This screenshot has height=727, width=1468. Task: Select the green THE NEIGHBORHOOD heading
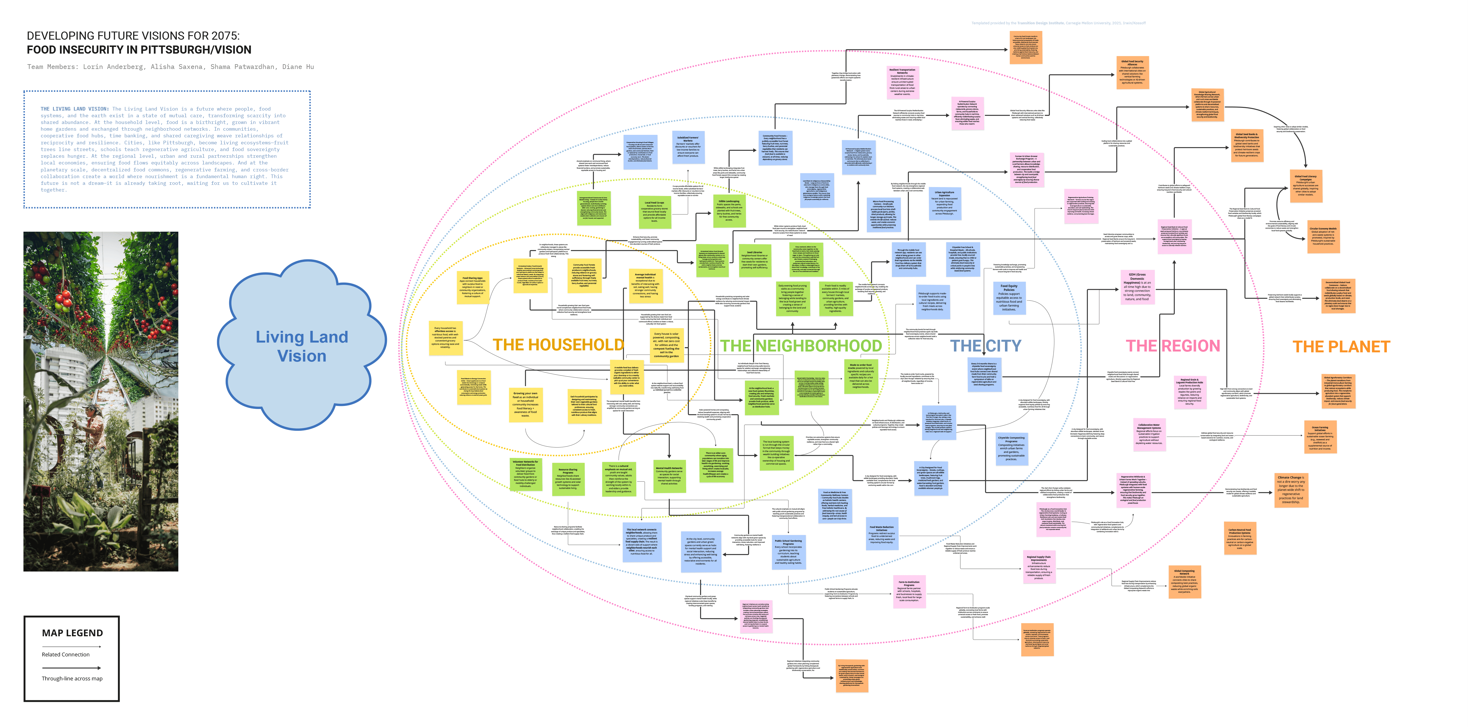[x=801, y=346]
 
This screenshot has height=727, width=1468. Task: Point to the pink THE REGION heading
[x=1173, y=346]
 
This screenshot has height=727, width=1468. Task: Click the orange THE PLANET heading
[x=1341, y=347]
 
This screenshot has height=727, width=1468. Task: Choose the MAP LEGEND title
[x=72, y=633]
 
